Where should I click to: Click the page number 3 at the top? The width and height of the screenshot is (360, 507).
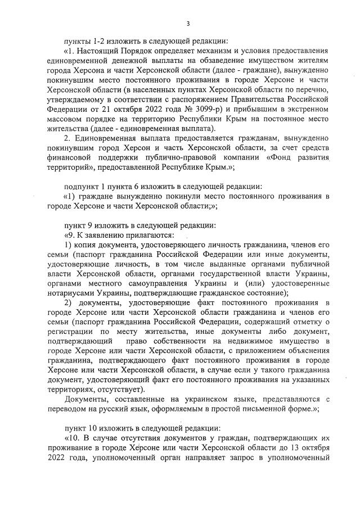(188, 23)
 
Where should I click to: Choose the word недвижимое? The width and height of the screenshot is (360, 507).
(235, 341)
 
